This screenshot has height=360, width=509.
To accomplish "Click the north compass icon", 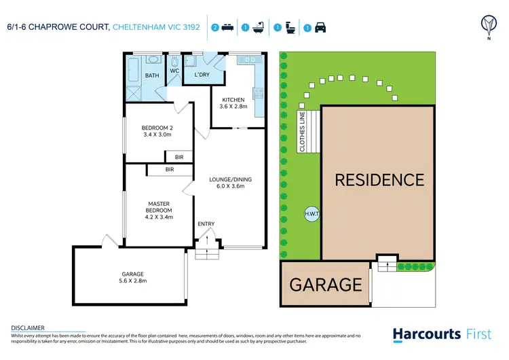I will pos(488,26).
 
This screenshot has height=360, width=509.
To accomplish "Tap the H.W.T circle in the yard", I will pos(312,215).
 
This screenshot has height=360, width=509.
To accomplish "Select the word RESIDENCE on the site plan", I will pos(379,180).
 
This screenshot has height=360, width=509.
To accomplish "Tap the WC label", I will pos(174,70).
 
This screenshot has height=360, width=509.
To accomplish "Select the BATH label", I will pos(151,75).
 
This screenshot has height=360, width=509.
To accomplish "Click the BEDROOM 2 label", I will pos(157,128).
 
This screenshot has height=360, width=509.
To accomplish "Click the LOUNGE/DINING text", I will pos(230,179).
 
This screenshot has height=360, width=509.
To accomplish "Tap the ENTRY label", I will pos(206,223).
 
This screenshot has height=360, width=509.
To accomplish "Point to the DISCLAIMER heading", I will pos(28,327).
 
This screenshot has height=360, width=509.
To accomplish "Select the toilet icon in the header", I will pos(290,28).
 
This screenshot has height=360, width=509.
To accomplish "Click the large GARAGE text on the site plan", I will pos(326,284).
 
